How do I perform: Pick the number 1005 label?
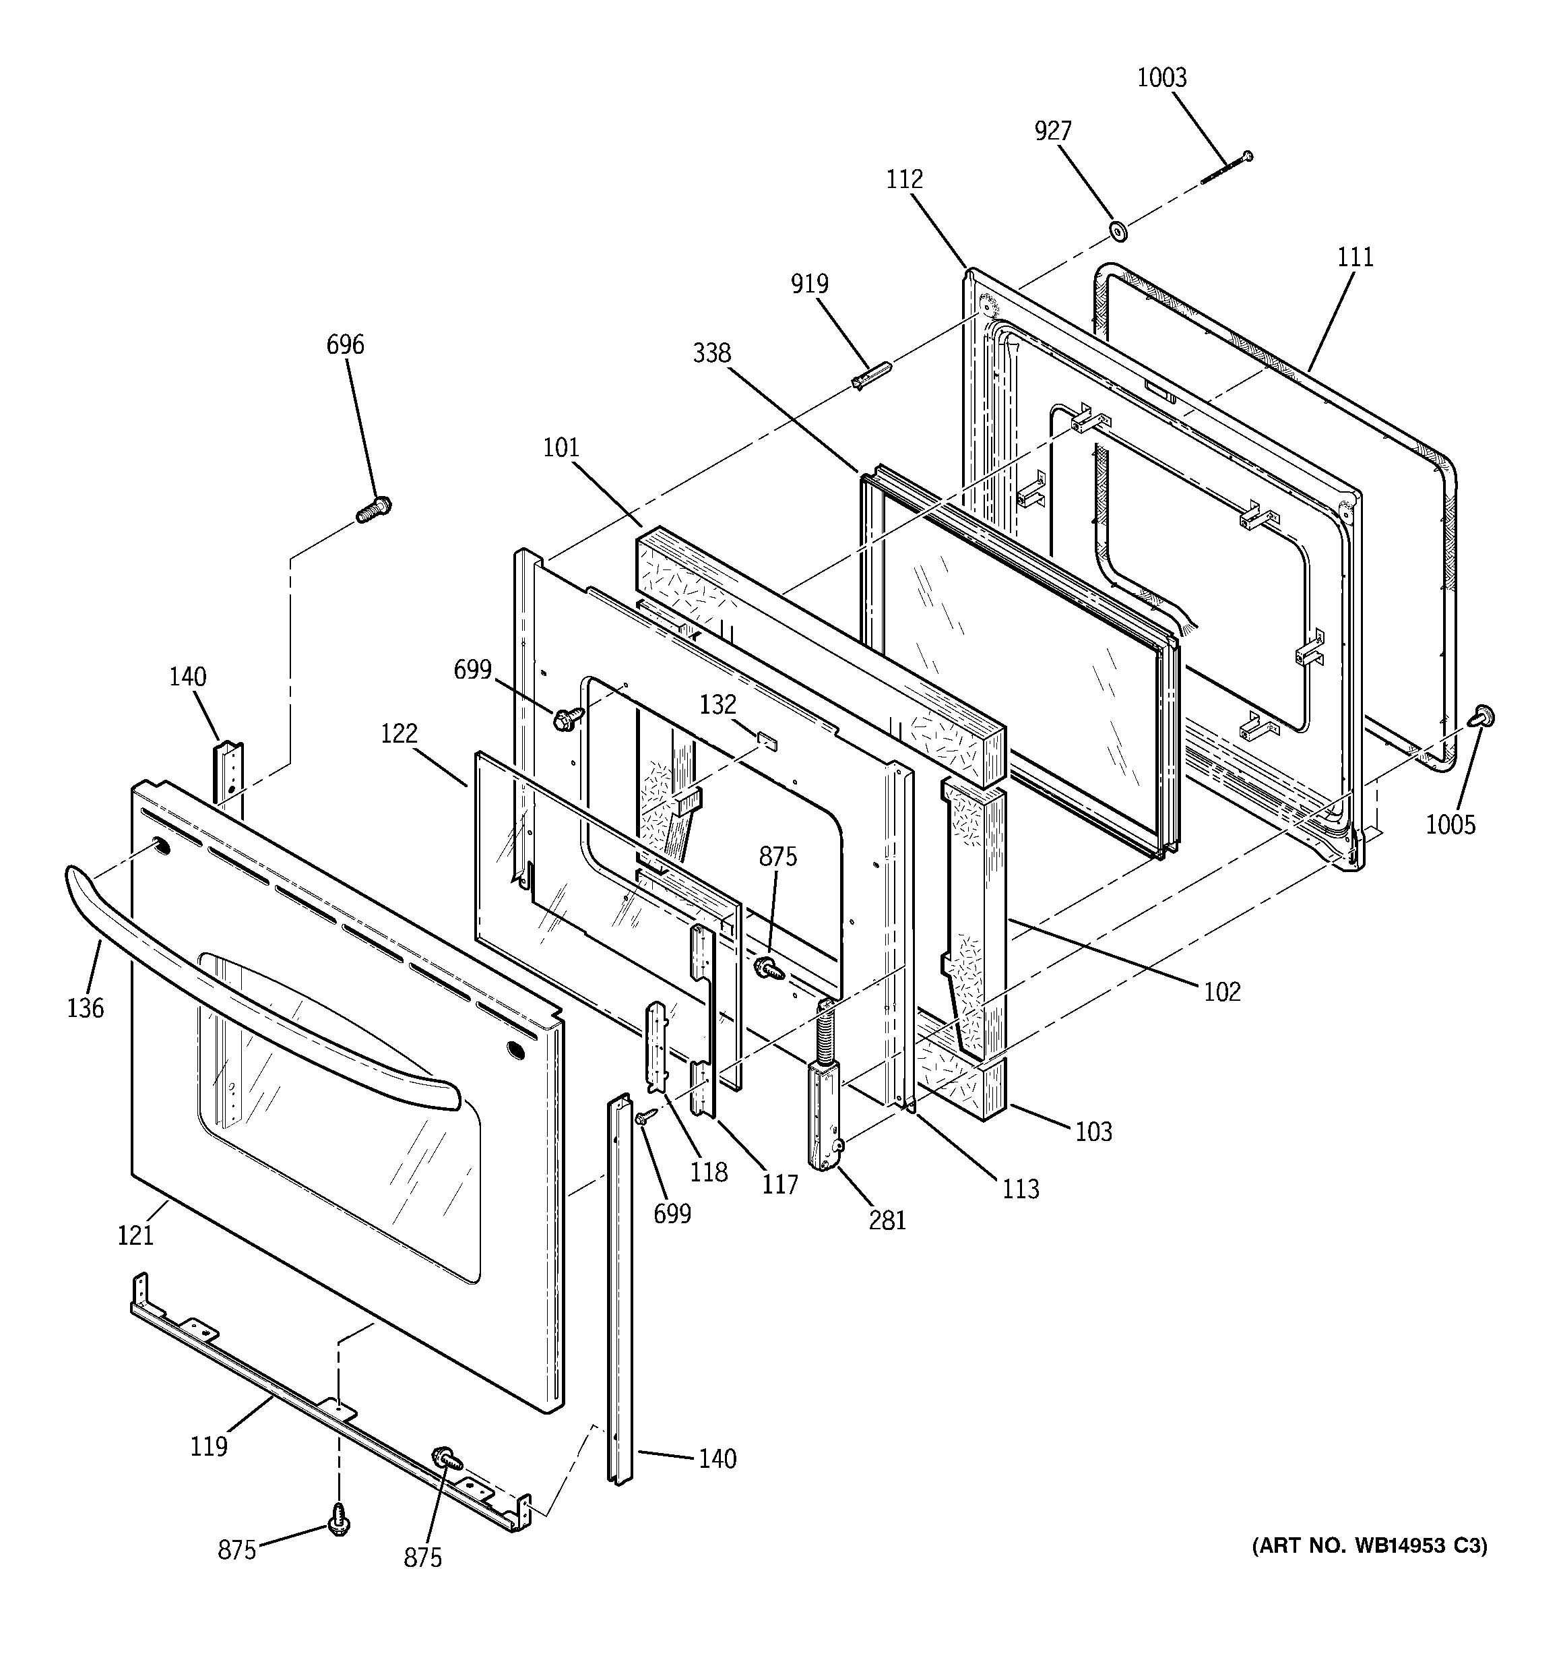1450,825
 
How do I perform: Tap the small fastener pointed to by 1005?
1484,716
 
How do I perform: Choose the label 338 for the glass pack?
711,354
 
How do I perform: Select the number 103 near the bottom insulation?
1093,1132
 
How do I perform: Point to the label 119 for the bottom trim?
208,1446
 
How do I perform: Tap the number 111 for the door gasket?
1355,257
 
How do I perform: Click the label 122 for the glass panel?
399,733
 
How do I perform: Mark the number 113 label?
1020,1189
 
